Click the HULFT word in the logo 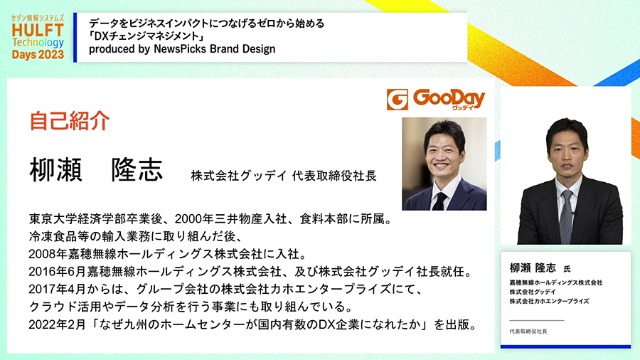point(38,30)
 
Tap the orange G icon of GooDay point(397,100)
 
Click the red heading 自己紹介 point(70,121)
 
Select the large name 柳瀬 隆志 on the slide point(96,170)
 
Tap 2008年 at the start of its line point(48,254)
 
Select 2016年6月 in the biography point(57,272)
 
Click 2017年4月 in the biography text point(57,289)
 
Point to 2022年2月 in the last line point(57,324)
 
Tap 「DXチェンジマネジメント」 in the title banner point(146,36)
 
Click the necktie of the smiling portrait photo point(439,201)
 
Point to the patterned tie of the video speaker point(566,217)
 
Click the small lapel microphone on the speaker point(574,214)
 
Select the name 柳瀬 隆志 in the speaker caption point(533,268)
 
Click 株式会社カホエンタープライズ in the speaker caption point(549,301)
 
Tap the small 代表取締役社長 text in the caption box point(528,332)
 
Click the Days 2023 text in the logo point(38,55)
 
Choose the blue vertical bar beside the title point(75,38)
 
